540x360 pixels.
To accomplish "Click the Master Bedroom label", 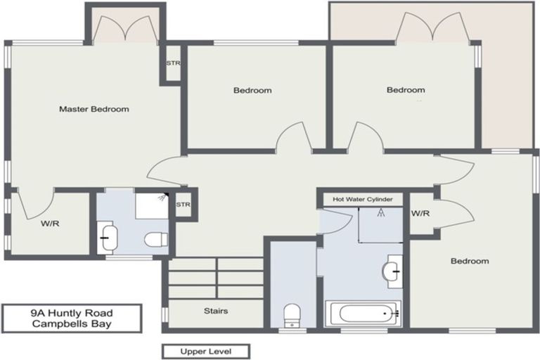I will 94,109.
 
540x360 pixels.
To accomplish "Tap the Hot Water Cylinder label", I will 363,200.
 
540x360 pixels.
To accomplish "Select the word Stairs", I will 215,310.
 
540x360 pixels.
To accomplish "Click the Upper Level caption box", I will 205,351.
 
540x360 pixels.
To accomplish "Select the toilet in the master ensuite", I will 155,240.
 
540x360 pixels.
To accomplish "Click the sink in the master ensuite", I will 108,236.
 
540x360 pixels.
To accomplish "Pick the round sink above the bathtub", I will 392,269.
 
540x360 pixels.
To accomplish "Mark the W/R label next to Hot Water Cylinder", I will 420,214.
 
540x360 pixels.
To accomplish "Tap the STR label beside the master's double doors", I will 173,63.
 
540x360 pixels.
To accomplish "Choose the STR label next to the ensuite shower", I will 183,205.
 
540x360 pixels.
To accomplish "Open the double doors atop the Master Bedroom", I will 124,28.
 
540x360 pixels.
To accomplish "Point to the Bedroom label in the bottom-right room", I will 469,261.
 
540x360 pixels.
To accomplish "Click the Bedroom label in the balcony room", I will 406,90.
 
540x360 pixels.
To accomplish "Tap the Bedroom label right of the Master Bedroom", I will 252,90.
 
